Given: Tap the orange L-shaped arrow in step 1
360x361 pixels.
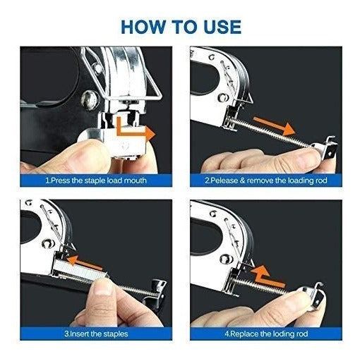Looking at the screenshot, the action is coord(133,130).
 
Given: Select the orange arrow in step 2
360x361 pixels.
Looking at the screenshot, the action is coord(274,126).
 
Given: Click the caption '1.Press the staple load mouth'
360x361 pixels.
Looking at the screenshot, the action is coord(96,180).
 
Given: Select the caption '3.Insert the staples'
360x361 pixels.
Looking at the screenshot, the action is coord(96,334).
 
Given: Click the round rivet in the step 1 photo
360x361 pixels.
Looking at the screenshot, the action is coord(90,100).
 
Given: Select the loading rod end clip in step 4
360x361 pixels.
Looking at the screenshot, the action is coord(312,297).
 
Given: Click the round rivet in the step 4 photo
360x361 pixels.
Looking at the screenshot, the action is coord(226,258).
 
